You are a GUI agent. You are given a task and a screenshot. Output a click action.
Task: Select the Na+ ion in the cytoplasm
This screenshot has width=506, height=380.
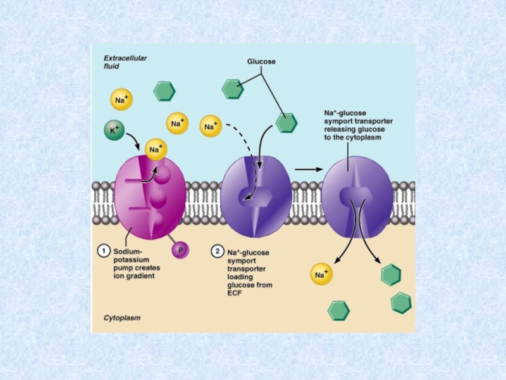tap(321, 274)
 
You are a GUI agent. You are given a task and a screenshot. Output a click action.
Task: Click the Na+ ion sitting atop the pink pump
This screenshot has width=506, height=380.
tap(156, 149)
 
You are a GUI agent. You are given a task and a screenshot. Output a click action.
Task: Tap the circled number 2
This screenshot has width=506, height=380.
tap(217, 251)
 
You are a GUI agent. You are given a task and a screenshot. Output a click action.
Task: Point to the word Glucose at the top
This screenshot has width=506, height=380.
tap(261, 61)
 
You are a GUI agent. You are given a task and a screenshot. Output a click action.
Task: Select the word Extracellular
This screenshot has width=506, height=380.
tap(125, 58)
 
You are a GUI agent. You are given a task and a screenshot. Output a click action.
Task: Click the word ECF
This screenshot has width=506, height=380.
tap(235, 293)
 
